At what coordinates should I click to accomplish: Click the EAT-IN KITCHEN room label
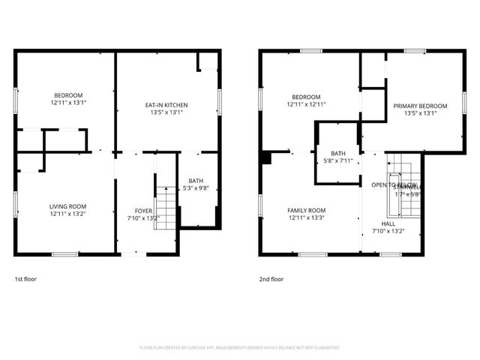click(x=166, y=105)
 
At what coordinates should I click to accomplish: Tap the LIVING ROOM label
click(x=67, y=206)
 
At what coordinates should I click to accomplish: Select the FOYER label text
click(x=143, y=211)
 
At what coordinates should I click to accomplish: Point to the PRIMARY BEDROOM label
click(x=420, y=106)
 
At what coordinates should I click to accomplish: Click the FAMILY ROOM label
click(x=307, y=210)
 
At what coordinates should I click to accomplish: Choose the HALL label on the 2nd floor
click(x=388, y=223)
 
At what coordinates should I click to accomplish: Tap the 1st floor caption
click(x=25, y=279)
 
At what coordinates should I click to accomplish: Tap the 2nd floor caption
click(x=271, y=279)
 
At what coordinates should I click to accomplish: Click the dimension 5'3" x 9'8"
click(x=196, y=188)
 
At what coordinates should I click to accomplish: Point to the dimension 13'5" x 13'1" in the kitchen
click(x=166, y=112)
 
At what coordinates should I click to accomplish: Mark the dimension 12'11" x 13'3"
click(x=307, y=217)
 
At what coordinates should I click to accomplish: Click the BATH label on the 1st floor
click(x=196, y=181)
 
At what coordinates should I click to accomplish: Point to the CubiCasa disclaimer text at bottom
click(x=240, y=348)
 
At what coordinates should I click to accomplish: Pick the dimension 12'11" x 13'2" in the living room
click(x=67, y=214)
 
